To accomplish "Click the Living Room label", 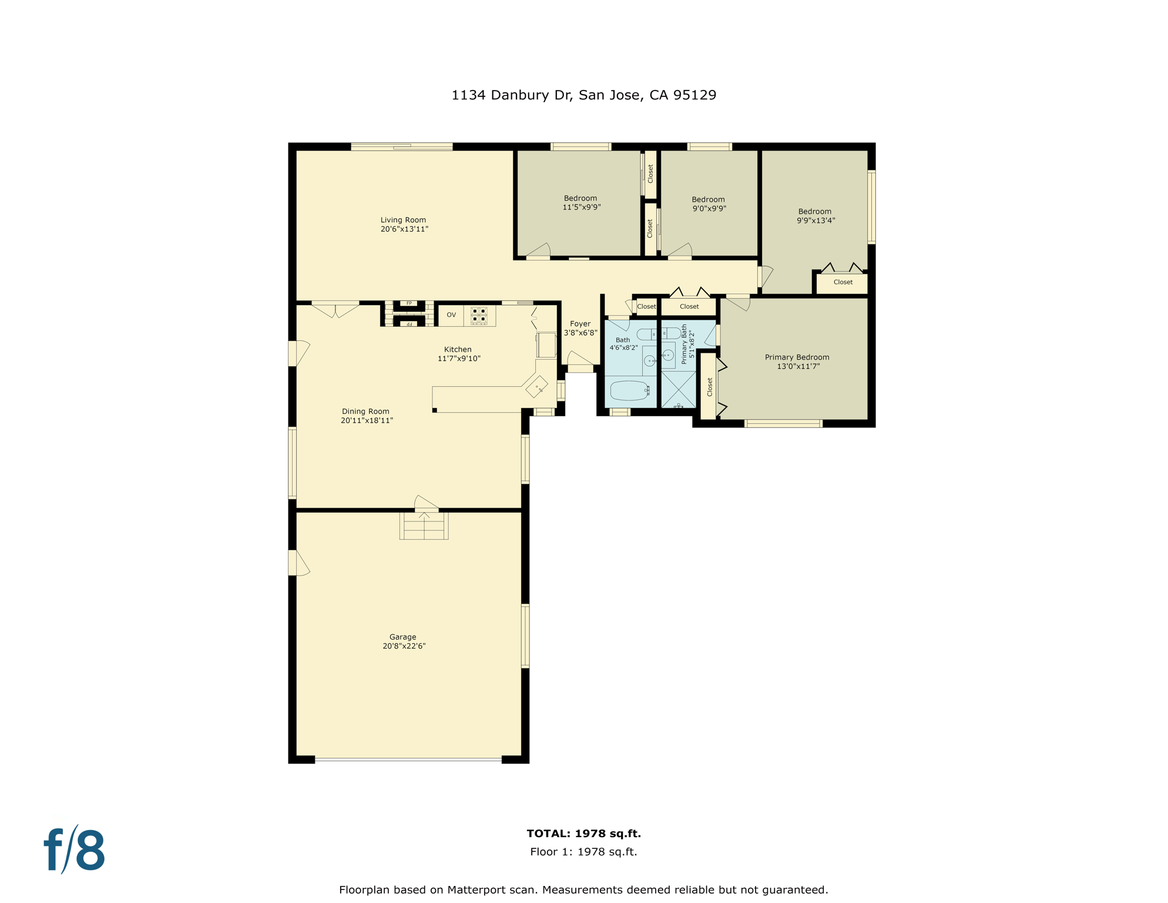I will click(x=403, y=220).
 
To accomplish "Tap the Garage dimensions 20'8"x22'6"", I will click(x=404, y=646).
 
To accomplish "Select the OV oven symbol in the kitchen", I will click(x=451, y=315).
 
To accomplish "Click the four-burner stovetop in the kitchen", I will click(x=479, y=315).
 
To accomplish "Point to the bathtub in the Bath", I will click(x=629, y=391).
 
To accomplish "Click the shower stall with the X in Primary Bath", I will click(x=679, y=389).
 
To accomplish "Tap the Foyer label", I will click(x=580, y=324).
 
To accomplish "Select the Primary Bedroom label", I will click(x=797, y=357).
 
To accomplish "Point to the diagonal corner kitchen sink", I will click(x=536, y=387).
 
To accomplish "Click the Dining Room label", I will click(x=365, y=412).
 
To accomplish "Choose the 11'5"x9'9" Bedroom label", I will click(x=580, y=199).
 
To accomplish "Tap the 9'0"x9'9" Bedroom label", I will click(x=708, y=200).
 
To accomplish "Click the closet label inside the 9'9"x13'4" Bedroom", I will click(x=843, y=282).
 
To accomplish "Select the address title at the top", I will click(x=583, y=95).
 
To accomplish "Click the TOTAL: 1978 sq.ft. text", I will click(x=583, y=834).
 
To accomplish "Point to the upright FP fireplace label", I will click(x=409, y=303).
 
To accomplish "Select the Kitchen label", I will click(x=458, y=349).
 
